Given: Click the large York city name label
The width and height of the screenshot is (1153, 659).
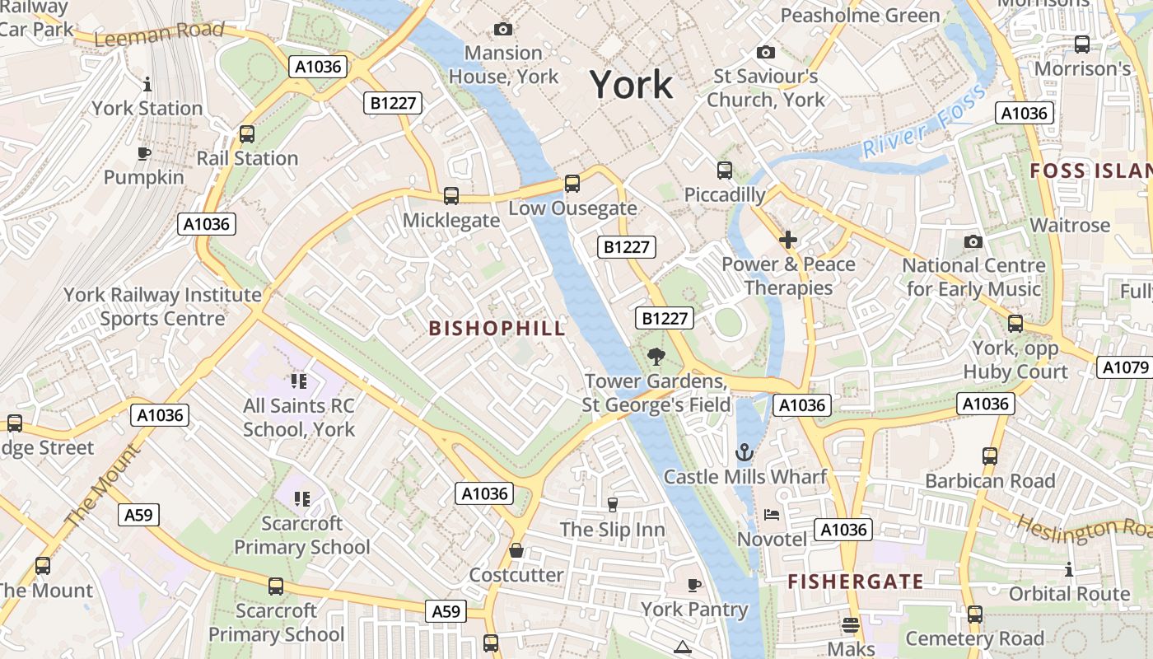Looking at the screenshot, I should pyautogui.click(x=631, y=85).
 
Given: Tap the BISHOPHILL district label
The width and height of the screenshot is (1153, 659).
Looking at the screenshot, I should pyautogui.click(x=497, y=328).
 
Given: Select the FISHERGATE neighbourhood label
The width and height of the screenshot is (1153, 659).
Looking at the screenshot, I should pyautogui.click(x=855, y=582).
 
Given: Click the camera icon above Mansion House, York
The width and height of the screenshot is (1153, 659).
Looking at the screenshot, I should pyautogui.click(x=502, y=30).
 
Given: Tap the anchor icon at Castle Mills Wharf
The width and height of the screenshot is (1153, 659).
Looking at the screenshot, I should pyautogui.click(x=745, y=452).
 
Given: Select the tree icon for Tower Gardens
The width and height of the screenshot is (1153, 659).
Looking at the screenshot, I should pyautogui.click(x=656, y=357).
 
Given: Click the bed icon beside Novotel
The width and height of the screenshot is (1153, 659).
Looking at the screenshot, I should pyautogui.click(x=772, y=515).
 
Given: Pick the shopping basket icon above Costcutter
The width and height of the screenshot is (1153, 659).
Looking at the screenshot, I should pyautogui.click(x=516, y=550).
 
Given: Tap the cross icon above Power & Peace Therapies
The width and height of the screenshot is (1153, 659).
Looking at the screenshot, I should pyautogui.click(x=788, y=240).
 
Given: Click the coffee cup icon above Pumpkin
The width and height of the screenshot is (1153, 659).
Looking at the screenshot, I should pyautogui.click(x=143, y=153).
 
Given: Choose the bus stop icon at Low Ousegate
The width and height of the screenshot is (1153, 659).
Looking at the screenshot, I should pyautogui.click(x=572, y=184).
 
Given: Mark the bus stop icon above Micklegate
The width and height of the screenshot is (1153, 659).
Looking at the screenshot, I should pyautogui.click(x=450, y=196).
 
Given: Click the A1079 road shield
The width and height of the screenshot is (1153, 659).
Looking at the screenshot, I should pyautogui.click(x=1124, y=367).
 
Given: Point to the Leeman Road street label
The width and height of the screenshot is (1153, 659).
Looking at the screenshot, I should pyautogui.click(x=159, y=34).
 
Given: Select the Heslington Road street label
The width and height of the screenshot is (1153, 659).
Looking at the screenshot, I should pyautogui.click(x=1083, y=528).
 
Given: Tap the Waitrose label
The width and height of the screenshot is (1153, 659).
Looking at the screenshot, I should pyautogui.click(x=1070, y=225).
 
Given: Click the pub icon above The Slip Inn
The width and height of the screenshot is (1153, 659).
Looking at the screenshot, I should pyautogui.click(x=612, y=504).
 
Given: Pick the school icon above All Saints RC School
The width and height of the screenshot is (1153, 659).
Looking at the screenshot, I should pyautogui.click(x=298, y=381).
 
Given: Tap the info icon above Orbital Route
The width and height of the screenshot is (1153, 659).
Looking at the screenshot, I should pyautogui.click(x=1068, y=569).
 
